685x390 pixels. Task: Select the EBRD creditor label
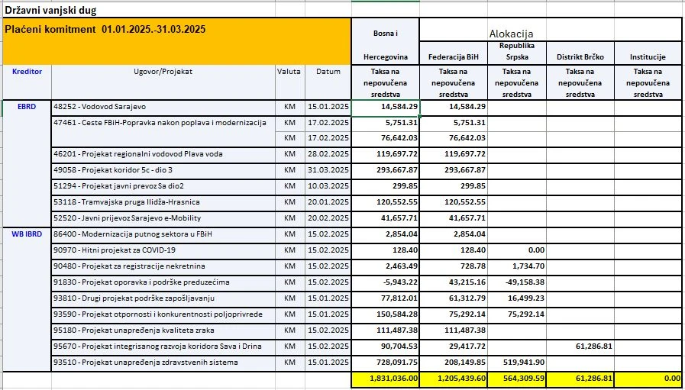pyautogui.click(x=27, y=107)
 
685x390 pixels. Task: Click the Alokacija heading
pyautogui.click(x=511, y=34)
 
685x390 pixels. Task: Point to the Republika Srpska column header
pyautogui.click(x=516, y=51)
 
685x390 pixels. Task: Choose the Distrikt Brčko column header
pyautogui.click(x=580, y=57)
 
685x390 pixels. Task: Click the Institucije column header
pyautogui.click(x=648, y=57)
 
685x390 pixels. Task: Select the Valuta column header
pyautogui.click(x=289, y=72)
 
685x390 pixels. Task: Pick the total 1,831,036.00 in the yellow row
pyautogui.click(x=390, y=379)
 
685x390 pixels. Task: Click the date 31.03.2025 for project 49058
pyautogui.click(x=328, y=170)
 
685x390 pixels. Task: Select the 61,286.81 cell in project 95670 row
pyautogui.click(x=587, y=346)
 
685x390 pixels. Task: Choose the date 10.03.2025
pyautogui.click(x=328, y=186)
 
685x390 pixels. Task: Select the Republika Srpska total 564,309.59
pyautogui.click(x=515, y=379)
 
